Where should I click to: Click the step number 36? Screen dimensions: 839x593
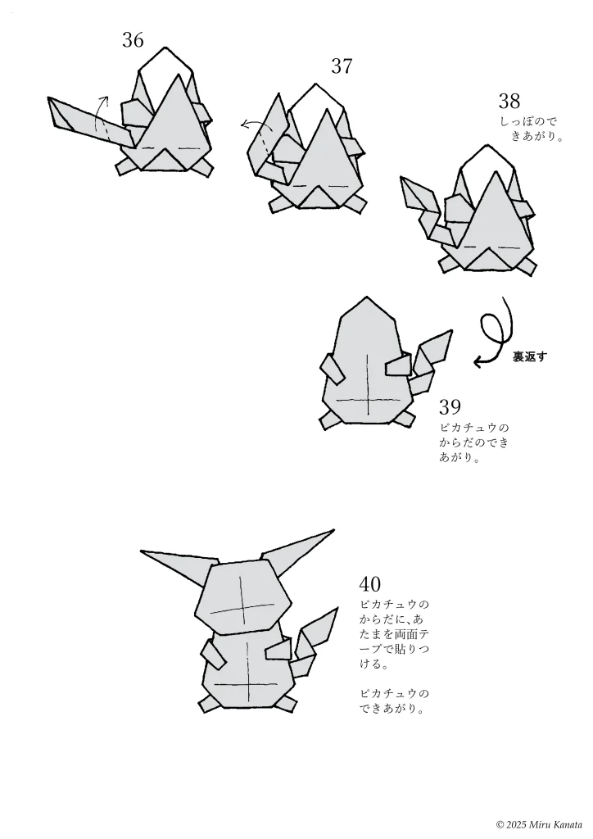click(x=134, y=39)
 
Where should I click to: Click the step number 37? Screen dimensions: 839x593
click(x=342, y=66)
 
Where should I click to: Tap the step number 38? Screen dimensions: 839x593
click(x=509, y=102)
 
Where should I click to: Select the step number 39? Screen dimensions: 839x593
click(x=450, y=407)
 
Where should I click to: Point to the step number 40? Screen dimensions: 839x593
click(x=370, y=584)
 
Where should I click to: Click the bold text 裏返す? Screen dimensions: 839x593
click(x=529, y=356)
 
